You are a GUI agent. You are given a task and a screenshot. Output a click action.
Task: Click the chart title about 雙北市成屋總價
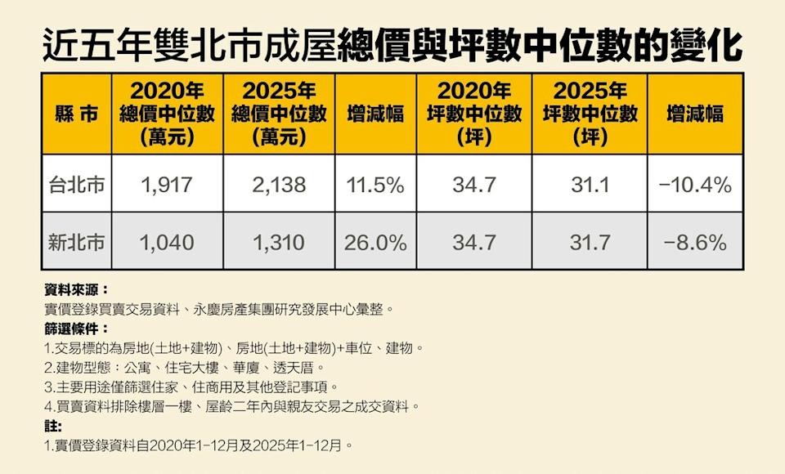[x=392, y=42]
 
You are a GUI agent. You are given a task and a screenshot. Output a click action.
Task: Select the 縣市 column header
[x=76, y=114]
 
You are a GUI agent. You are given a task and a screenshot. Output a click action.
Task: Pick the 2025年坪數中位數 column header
[x=589, y=114]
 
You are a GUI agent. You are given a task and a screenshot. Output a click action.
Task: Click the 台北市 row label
[x=76, y=185]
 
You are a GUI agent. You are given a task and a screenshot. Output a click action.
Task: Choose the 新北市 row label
[x=76, y=242]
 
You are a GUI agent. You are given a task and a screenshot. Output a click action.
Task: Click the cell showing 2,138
[x=278, y=185]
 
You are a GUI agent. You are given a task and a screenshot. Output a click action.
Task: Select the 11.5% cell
[x=375, y=185]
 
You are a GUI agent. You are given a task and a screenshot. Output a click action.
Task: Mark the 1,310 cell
[x=278, y=242]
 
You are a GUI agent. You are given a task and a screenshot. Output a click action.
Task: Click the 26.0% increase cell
[x=375, y=242]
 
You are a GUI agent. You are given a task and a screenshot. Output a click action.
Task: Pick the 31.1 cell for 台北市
[x=589, y=185]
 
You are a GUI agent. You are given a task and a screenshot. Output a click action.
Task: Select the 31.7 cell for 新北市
[x=589, y=242]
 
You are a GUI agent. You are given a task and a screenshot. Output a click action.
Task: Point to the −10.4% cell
[x=694, y=185]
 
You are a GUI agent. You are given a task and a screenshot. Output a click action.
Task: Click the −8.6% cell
[x=694, y=242]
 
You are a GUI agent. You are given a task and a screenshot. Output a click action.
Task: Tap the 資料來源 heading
[x=76, y=290]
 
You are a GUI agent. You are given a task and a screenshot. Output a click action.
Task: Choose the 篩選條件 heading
[x=76, y=329]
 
